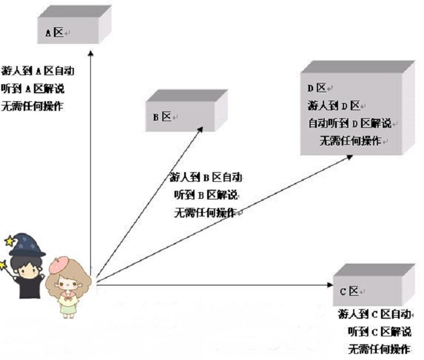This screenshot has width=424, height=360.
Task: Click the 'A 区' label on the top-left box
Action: (55, 33)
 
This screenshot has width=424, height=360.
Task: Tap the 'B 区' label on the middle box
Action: (162, 117)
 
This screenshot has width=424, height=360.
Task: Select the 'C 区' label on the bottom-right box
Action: (349, 291)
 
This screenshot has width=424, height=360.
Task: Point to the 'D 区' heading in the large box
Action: (317, 88)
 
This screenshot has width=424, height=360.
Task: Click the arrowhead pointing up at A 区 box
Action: (91, 53)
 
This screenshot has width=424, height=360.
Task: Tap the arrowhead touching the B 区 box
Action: (200, 130)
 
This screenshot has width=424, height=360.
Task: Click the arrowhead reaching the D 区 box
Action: (349, 157)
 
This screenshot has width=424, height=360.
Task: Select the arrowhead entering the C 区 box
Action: (330, 284)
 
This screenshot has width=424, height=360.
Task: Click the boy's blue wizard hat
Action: (27, 245)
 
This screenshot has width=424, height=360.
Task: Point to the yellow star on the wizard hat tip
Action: (10, 241)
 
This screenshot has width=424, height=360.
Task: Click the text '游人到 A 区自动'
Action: (38, 71)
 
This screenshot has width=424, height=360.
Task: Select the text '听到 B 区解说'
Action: (206, 195)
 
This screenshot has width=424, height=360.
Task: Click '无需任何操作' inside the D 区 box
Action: (351, 141)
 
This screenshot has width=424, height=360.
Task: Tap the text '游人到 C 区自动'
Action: (374, 314)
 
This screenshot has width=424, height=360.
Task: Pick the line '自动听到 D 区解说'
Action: (350, 124)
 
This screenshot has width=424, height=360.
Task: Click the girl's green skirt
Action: (67, 307)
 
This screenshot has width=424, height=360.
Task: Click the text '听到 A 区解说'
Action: (33, 88)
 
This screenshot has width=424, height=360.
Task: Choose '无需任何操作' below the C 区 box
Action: (379, 349)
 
